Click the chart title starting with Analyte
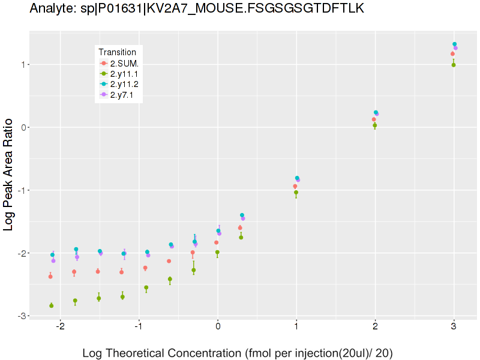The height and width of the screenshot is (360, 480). tap(196, 8)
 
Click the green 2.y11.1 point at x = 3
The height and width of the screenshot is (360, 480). tap(454, 65)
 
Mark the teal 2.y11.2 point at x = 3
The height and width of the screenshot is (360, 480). tap(455, 44)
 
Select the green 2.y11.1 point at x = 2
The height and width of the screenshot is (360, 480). tap(375, 125)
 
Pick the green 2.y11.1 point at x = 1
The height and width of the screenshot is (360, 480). tap(296, 193)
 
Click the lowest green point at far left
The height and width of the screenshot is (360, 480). tap(51, 305)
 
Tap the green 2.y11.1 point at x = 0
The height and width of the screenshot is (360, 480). tap(217, 253)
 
